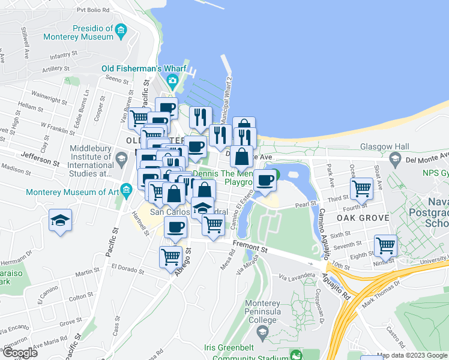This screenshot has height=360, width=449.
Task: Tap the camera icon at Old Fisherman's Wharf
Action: pyautogui.click(x=172, y=80)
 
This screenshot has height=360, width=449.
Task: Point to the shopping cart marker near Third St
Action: pyautogui.click(x=362, y=188)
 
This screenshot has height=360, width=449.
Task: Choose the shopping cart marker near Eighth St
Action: pyautogui.click(x=385, y=245)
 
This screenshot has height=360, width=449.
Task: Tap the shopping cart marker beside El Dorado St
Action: pyautogui.click(x=170, y=256)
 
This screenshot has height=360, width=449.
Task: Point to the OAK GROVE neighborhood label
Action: pyautogui.click(x=360, y=217)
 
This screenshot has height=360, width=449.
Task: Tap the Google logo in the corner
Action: pyautogui.click(x=19, y=352)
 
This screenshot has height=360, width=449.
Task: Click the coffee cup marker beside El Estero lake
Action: pyautogui.click(x=264, y=180)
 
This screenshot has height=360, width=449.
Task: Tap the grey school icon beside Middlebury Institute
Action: pyautogui.click(x=122, y=160)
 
